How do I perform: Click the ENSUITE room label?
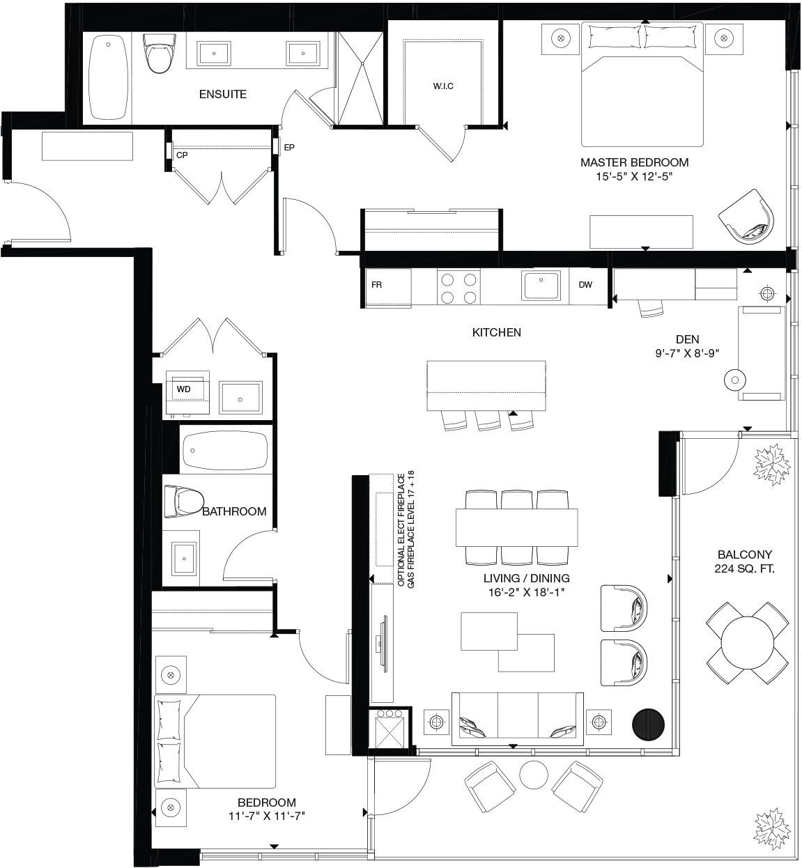[222, 94]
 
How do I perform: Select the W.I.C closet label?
[443, 86]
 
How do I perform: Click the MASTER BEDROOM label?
[635, 162]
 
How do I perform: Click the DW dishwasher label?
[585, 285]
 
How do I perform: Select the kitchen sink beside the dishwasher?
[541, 286]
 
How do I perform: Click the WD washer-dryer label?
[184, 389]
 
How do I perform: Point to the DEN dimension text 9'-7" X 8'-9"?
[687, 353]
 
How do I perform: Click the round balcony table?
[748, 643]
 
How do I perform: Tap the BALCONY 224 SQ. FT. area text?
[744, 561]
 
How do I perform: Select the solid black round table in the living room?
[649, 724]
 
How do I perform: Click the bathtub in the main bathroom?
[226, 451]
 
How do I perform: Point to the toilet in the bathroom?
[184, 502]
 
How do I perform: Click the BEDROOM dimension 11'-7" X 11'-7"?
[266, 816]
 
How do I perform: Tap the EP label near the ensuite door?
[289, 148]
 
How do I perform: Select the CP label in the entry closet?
[182, 155]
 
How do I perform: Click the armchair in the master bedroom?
[746, 217]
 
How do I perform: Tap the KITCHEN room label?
[496, 332]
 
